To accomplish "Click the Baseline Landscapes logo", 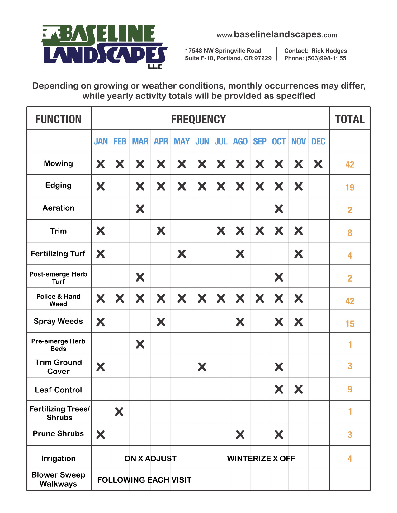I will pos(104,47).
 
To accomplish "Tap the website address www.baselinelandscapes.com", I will pos(276,34).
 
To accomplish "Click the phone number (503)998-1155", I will pos(326,58).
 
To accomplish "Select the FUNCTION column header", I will pos(59,119).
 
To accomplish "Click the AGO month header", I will pos(240,142).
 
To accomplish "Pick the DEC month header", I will pos(318,142).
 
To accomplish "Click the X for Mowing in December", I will pos(318,164).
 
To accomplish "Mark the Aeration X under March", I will pos(140,209).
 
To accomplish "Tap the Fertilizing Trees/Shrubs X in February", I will pos(119,412).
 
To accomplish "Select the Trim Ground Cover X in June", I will pos(202,367).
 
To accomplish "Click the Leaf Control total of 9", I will pos(350,389).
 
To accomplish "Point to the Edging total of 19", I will pos(350,187).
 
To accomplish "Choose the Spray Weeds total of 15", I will pos(350,324).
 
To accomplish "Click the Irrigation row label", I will pos(59,459).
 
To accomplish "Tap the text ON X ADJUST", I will pos(150,459).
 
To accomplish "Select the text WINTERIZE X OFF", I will pos(261,459).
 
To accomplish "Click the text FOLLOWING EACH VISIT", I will pos(144,480).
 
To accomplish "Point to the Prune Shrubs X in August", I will pos(240,434).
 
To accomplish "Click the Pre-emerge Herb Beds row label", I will pos(59,345).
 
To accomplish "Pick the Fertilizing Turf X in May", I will pos(182,254).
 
